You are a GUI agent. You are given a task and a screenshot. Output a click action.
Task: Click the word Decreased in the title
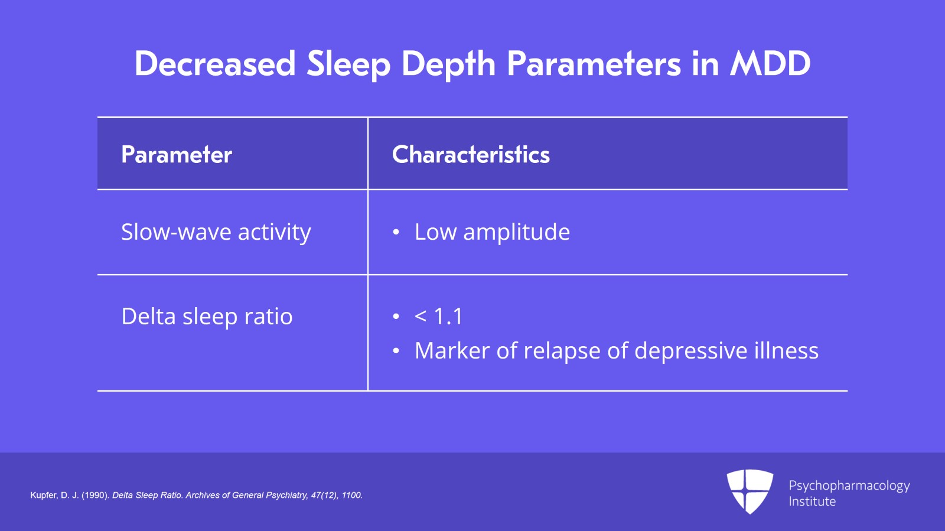tap(215, 64)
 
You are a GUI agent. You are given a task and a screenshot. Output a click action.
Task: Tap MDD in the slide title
tap(770, 64)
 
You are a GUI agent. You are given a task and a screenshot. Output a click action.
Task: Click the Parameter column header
tap(177, 155)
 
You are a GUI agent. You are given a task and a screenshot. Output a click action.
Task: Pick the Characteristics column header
tap(471, 155)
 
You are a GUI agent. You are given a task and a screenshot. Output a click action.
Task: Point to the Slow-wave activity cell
tap(216, 232)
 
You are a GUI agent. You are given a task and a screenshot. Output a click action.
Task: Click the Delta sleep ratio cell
tap(207, 317)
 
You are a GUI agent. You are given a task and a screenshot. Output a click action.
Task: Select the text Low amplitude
tap(492, 232)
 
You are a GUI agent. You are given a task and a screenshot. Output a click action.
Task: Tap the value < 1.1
tap(438, 317)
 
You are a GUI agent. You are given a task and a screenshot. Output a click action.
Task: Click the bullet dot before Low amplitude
tap(396, 233)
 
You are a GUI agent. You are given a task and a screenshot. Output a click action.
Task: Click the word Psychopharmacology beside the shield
tap(849, 486)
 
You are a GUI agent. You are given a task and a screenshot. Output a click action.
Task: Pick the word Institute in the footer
tap(812, 501)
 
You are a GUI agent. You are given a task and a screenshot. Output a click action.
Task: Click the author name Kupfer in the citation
tap(43, 496)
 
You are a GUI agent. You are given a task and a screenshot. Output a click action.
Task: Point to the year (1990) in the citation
tap(95, 496)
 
